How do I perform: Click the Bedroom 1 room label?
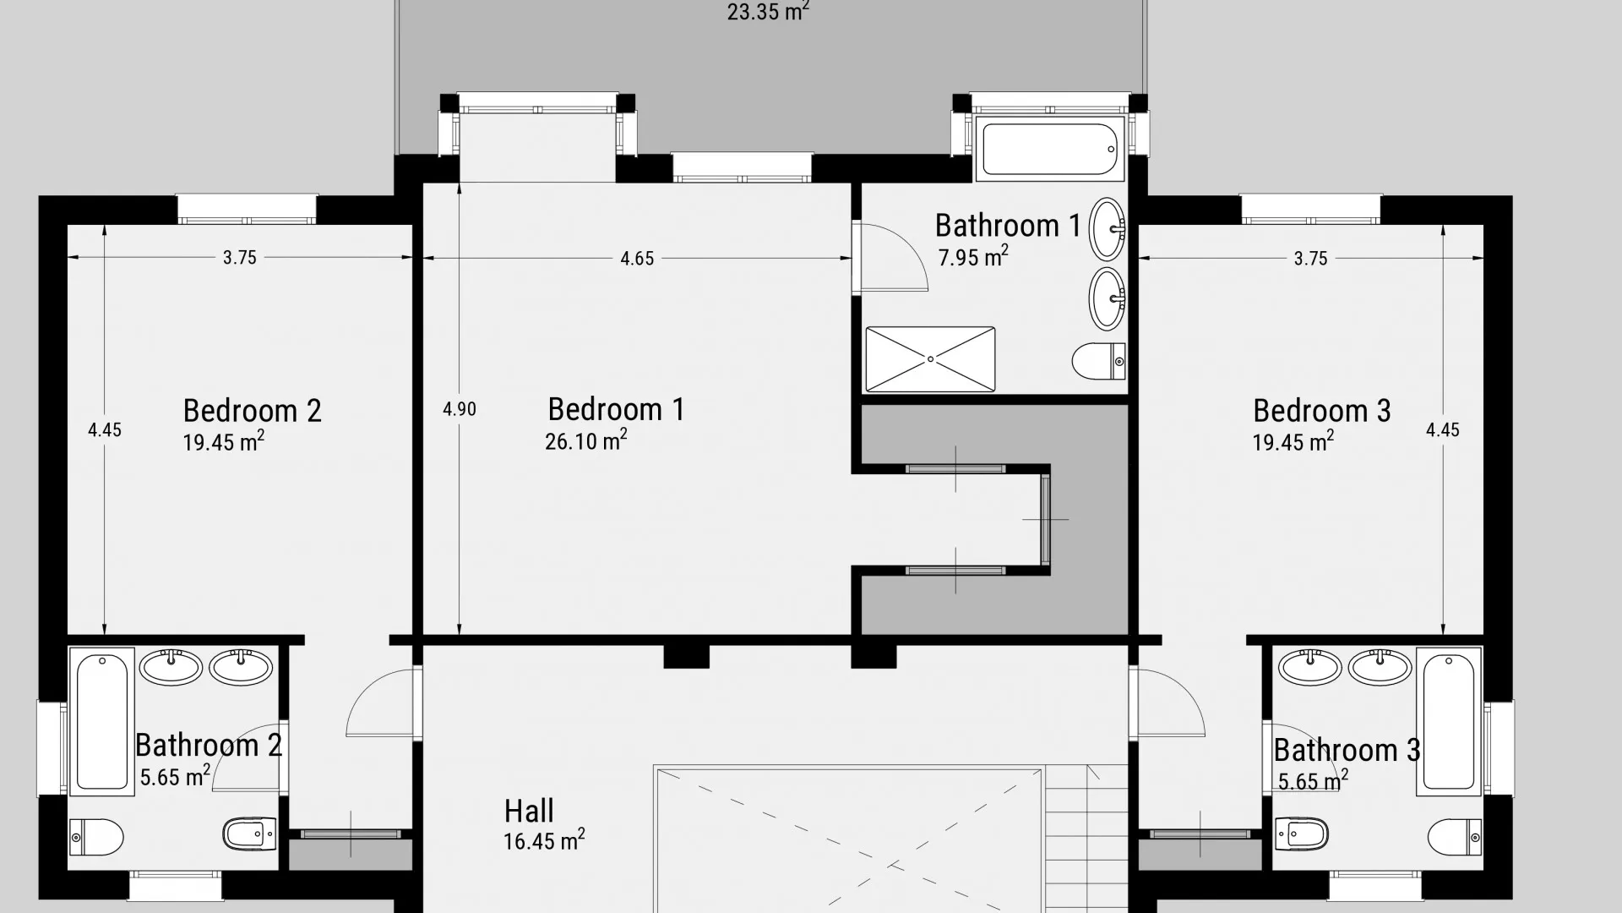coord(616,409)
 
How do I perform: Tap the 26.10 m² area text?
coord(586,440)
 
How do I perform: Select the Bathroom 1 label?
coord(1008,226)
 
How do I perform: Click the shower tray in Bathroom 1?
coord(930,359)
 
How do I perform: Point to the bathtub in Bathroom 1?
coord(1050,150)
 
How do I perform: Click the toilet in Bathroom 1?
coord(1099,361)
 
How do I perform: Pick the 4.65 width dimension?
coord(637,259)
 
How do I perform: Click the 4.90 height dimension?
coord(460,409)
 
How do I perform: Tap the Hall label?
coord(529,812)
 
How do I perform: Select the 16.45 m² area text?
coord(544,840)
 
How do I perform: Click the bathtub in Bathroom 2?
coord(101,721)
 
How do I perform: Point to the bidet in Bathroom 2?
coord(249,834)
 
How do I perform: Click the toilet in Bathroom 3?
coord(1454,837)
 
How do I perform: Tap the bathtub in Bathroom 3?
coord(1449,721)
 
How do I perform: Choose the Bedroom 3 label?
coord(1321,411)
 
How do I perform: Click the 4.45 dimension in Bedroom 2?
coord(105,430)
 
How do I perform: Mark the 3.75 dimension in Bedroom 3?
coord(1310,259)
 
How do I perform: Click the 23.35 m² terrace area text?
coord(768,12)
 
